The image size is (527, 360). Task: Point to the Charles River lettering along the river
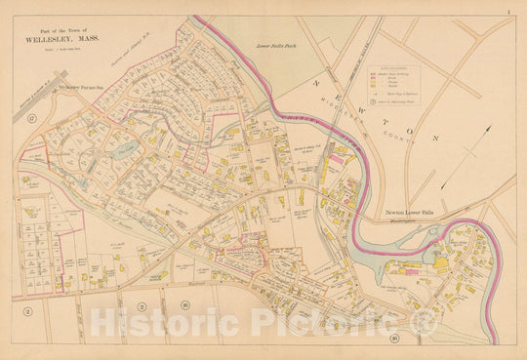coord(303,117)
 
